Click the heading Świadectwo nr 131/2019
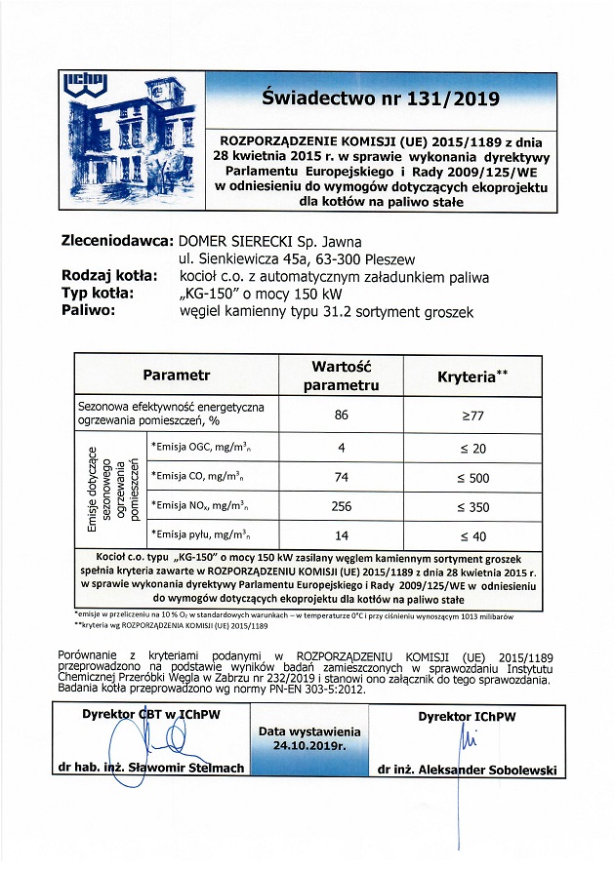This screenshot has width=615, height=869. (x=381, y=99)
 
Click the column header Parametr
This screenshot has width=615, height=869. (x=177, y=375)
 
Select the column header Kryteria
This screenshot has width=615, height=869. (x=471, y=375)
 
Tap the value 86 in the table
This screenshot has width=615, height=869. (x=341, y=415)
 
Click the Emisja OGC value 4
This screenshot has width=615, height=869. (x=341, y=448)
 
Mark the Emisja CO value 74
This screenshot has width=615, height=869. (x=341, y=478)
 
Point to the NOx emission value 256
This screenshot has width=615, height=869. (x=341, y=506)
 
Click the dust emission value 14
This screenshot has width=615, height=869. (x=341, y=535)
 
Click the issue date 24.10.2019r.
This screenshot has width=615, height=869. (x=309, y=747)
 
